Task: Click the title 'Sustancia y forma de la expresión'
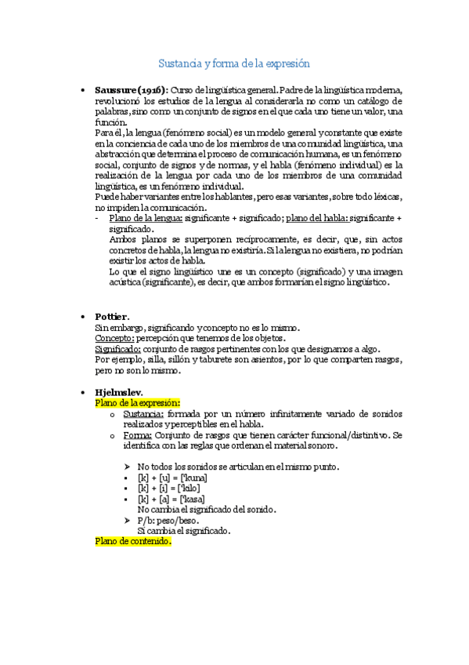235,63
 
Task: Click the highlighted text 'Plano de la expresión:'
137,402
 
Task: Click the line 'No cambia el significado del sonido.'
205,509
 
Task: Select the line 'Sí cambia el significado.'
183,530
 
